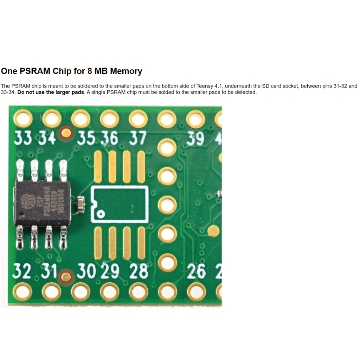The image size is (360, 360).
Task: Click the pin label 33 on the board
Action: pos(22,139)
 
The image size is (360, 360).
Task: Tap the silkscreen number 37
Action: pos(138,138)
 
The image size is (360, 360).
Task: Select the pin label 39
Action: pos(195,139)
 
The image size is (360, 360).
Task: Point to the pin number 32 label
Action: pos(22,271)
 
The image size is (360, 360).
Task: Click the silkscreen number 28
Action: pos(139,271)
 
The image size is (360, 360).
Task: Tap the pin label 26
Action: pos(196,271)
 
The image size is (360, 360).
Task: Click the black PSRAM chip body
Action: pos(42,204)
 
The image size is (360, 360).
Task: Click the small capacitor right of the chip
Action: pos(81,205)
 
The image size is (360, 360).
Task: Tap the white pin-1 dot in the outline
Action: pos(101,214)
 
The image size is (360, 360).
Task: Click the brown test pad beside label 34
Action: pos(66,133)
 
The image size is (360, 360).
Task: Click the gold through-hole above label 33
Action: pos(23,119)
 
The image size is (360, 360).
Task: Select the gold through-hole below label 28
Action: pos(139,292)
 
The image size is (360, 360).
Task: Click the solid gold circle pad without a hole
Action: pos(213,231)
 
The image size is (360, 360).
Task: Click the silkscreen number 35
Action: pos(86,139)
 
